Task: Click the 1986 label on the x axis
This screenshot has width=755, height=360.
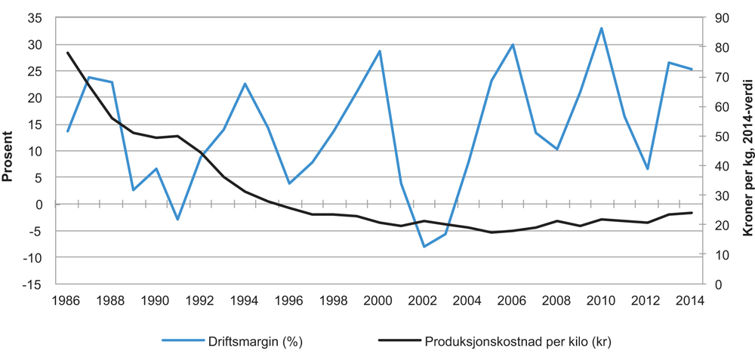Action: pos(68,300)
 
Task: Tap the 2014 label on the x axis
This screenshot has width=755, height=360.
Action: pos(691,300)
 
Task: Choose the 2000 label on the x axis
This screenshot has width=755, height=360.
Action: pos(379,300)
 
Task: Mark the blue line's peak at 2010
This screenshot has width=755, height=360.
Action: pos(602,28)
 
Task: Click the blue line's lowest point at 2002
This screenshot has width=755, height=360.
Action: pos(424,247)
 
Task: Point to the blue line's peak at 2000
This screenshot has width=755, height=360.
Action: pos(379,51)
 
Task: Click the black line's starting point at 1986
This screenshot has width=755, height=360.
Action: pos(68,53)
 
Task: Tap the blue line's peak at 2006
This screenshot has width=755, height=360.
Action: pos(513,45)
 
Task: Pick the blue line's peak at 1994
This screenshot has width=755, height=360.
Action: pos(245,84)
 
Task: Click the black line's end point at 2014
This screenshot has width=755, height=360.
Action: pos(691,213)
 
